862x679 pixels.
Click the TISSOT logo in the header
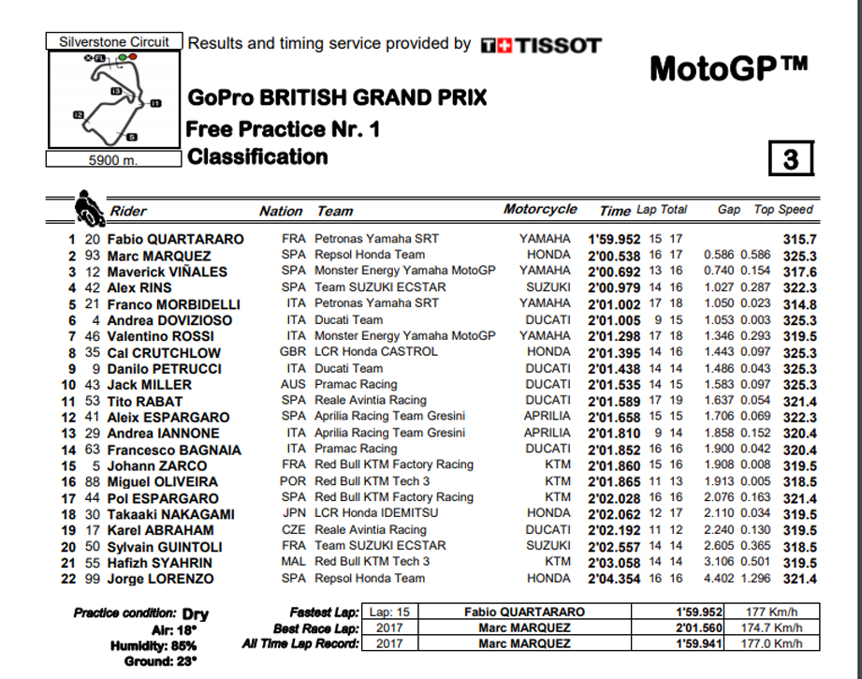[x=540, y=45]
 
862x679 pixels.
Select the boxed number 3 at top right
[x=790, y=159]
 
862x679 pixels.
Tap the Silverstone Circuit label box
[x=114, y=41]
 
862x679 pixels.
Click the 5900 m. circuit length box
[x=112, y=160]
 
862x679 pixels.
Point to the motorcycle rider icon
[x=88, y=206]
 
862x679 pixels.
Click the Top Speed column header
[x=783, y=210]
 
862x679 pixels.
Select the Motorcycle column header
[x=540, y=210]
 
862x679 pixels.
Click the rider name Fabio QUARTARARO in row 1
[x=176, y=239]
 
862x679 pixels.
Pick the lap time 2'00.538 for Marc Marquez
[x=614, y=255]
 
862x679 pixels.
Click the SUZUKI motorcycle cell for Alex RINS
[x=548, y=288]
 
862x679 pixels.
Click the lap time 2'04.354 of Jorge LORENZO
[x=614, y=579]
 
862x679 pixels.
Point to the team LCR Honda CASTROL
[x=375, y=352]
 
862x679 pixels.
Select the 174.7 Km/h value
[x=771, y=627]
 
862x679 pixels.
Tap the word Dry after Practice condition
[x=196, y=614]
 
